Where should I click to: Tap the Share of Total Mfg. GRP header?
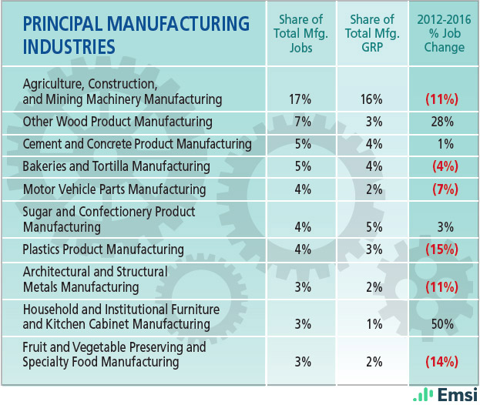coord(373,33)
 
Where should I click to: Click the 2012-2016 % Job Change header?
coord(444,33)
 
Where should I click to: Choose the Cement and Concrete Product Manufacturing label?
coord(137,144)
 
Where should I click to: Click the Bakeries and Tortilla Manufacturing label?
coord(116,166)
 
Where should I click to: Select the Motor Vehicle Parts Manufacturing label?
coord(115,189)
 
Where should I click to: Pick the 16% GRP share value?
coord(373,99)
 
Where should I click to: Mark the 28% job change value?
coord(444,122)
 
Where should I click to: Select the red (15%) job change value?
coord(444,249)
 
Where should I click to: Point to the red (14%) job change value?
coord(444,362)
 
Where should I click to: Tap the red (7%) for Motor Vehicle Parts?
coord(444,189)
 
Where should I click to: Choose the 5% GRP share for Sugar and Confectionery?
coord(373,227)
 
